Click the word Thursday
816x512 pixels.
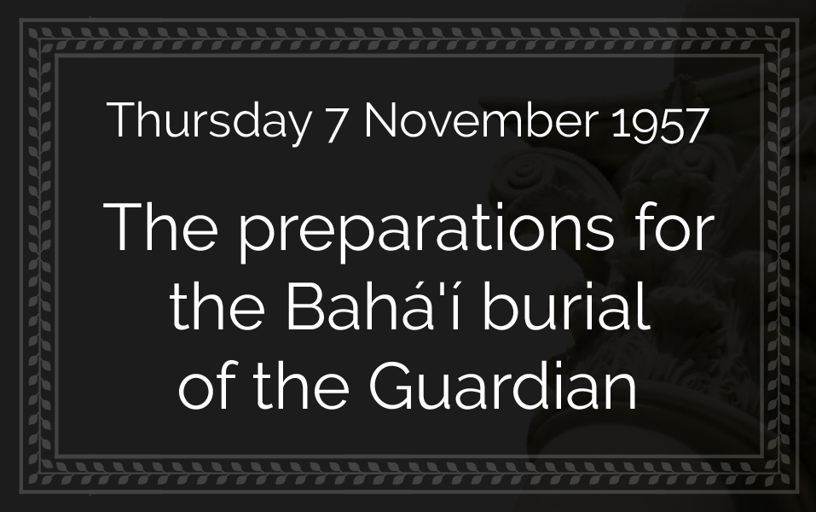coord(209,121)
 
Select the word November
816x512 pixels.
coord(481,120)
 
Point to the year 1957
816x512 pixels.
coord(659,124)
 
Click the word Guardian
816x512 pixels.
coord(503,386)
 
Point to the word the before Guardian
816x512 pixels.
coord(301,386)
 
